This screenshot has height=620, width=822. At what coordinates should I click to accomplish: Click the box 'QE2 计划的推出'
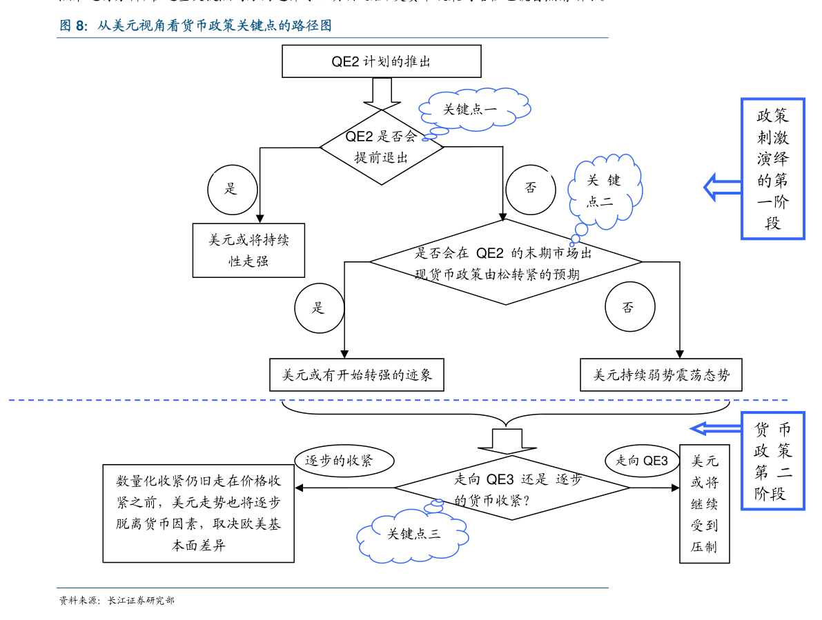coord(381,61)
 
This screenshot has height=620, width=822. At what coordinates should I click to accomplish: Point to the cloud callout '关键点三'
coord(413,534)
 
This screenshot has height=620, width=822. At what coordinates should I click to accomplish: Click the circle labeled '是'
coord(232,189)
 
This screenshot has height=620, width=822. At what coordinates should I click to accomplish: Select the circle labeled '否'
coord(530,189)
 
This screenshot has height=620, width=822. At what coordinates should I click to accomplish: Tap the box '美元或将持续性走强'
coord(248,250)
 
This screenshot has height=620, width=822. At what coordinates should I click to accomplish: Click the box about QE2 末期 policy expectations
coord(503,264)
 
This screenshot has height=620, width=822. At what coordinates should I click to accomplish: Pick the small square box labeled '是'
coord(320,308)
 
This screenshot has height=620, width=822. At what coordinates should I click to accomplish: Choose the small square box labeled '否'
coord(629,308)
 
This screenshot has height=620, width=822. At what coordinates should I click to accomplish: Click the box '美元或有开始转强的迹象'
coord(357,375)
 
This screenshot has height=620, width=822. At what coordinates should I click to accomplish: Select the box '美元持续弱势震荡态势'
coord(660,375)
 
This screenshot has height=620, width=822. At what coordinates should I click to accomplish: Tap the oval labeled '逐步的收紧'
coord(344,461)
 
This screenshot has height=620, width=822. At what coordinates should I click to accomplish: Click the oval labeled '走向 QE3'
coord(642,461)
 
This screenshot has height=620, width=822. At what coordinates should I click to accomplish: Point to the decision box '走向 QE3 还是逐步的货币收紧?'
coord(518,488)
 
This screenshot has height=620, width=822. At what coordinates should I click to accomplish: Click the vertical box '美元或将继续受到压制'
coord(704,503)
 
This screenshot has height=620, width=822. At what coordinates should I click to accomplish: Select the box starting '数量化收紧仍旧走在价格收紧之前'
coord(199,513)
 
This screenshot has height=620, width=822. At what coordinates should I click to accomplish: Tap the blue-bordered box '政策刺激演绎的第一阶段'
coord(773,169)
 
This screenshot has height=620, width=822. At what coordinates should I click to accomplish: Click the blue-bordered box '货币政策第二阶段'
coord(773,461)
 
